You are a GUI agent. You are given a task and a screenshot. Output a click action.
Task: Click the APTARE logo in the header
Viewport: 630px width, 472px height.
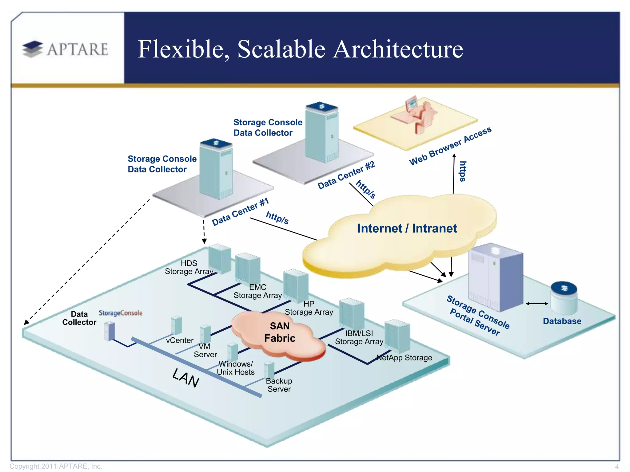coord(65,49)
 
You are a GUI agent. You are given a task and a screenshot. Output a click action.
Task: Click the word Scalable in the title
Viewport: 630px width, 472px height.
coord(281,49)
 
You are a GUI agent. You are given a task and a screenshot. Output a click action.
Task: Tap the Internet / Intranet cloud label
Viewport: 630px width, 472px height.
coord(407,228)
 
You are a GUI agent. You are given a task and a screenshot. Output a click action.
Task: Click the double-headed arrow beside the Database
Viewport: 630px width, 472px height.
coord(537,304)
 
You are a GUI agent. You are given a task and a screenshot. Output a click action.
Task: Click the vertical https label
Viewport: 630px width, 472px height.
coord(463,171)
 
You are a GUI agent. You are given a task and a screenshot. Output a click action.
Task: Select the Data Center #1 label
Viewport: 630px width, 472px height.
coord(240,212)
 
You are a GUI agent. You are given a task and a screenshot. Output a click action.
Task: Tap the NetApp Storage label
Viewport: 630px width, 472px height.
coord(404,358)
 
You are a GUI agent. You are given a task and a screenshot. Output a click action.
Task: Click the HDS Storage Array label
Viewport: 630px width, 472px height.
coord(189,267)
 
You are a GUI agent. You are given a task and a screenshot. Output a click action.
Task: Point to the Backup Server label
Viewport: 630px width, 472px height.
coord(279,385)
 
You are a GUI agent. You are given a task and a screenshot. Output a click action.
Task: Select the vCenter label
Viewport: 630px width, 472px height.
coord(180,340)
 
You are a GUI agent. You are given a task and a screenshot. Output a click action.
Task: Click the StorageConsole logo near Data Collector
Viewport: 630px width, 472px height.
coord(121,313)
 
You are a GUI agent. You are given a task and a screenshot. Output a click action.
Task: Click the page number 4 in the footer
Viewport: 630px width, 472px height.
coord(617,466)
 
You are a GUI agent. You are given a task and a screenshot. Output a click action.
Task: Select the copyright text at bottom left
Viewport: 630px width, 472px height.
coord(56,466)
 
